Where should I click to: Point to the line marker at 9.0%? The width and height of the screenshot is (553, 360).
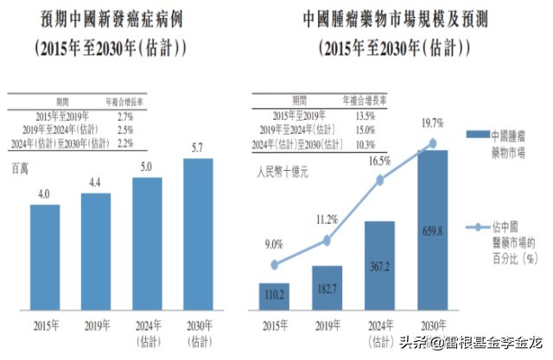[x=275, y=265]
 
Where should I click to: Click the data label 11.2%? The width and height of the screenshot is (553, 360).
[x=327, y=219]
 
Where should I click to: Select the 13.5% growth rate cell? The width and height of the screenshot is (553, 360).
[x=366, y=115]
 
